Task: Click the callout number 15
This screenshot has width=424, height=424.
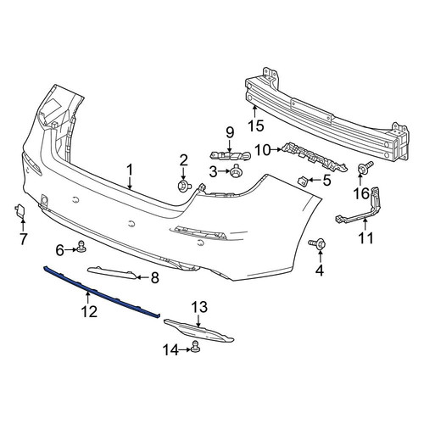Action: pyautogui.click(x=256, y=126)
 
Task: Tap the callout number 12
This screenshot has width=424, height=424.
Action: pyautogui.click(x=89, y=311)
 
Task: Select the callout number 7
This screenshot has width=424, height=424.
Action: pyautogui.click(x=23, y=239)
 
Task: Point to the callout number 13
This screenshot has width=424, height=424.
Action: pyautogui.click(x=199, y=307)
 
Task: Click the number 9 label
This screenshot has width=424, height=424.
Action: pyautogui.click(x=230, y=132)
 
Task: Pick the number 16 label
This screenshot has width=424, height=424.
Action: pyautogui.click(x=361, y=193)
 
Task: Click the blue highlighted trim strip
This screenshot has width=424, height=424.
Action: pyautogui.click(x=102, y=292)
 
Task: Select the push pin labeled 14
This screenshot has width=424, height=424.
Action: pyautogui.click(x=195, y=347)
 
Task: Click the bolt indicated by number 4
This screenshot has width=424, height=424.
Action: pyautogui.click(x=318, y=243)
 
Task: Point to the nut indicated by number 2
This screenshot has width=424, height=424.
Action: pyautogui.click(x=184, y=187)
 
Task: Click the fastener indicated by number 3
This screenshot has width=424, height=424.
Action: pyautogui.click(x=234, y=171)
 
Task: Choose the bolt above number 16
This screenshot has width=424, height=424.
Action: pyautogui.click(x=365, y=167)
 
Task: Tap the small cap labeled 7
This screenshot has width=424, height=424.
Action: pyautogui.click(x=20, y=209)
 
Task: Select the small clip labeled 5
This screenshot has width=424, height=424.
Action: pyautogui.click(x=303, y=181)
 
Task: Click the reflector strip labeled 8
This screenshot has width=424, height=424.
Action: pyautogui.click(x=113, y=272)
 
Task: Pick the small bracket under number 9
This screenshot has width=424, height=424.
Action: pyautogui.click(x=231, y=155)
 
